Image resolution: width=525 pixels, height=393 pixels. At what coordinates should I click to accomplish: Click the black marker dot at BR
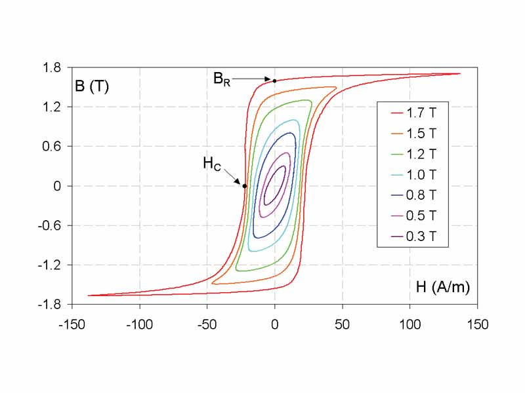pos(274,81)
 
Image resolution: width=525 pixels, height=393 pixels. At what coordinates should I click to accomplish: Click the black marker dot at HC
pos(245,186)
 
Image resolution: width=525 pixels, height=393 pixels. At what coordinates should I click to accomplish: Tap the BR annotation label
pos(222,79)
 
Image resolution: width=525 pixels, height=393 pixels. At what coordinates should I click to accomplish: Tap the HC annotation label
pos(211,164)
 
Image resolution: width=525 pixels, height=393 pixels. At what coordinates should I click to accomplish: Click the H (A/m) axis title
pos(443,286)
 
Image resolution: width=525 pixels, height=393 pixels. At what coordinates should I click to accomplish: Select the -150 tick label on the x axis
pos(72,324)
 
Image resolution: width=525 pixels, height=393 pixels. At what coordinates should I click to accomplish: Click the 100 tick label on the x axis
pos(409,324)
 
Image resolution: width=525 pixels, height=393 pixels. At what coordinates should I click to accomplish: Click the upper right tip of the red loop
pos(459,73)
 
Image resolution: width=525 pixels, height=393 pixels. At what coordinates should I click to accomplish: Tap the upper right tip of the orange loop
pos(336,87)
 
